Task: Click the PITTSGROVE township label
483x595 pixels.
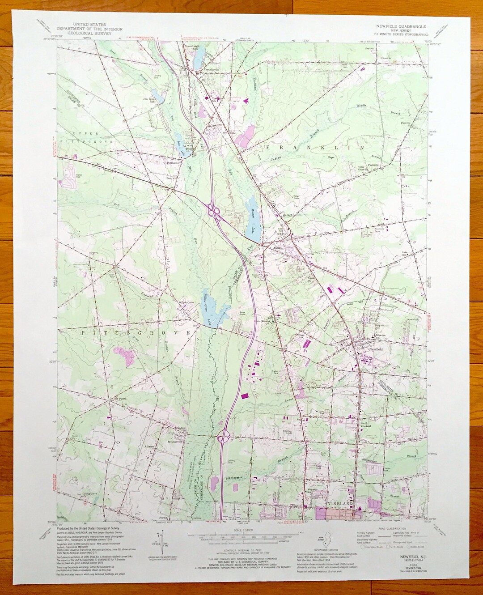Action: pyautogui.click(x=136, y=333)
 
